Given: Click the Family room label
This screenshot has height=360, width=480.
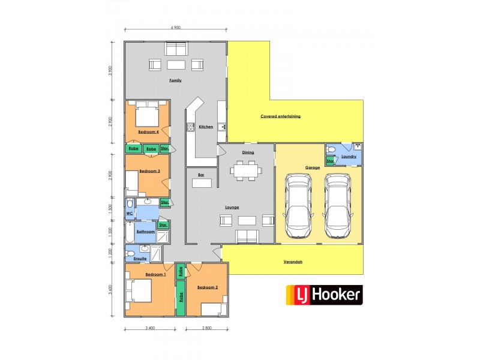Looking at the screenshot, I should tap(175, 80).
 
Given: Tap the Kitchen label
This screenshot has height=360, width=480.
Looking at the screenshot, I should tap(206, 127).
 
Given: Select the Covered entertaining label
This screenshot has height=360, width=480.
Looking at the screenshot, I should tap(280, 116).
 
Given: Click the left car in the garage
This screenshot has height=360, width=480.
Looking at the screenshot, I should tap(298, 206).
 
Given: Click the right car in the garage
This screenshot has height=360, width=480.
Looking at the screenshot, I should tap(338, 206).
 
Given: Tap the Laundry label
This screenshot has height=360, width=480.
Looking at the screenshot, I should tap(349, 157).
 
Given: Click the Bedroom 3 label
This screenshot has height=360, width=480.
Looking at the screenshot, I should tap(149, 171).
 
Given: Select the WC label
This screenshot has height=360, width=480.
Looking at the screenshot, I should tap(129, 214).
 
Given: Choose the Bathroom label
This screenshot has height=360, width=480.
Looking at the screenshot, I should tap(146, 231).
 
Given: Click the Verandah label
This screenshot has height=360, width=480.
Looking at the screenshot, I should tap(293, 262).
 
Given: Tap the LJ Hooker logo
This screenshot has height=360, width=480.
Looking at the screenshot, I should tap(323, 295).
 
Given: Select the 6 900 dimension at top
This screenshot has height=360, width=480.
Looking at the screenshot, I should tap(175, 28).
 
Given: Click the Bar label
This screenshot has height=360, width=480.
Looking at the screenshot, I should tap(202, 175).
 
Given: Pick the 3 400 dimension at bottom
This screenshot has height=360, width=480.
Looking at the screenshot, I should tap(150, 329).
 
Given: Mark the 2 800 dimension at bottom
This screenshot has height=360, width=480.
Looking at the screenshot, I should tap(206, 329).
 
